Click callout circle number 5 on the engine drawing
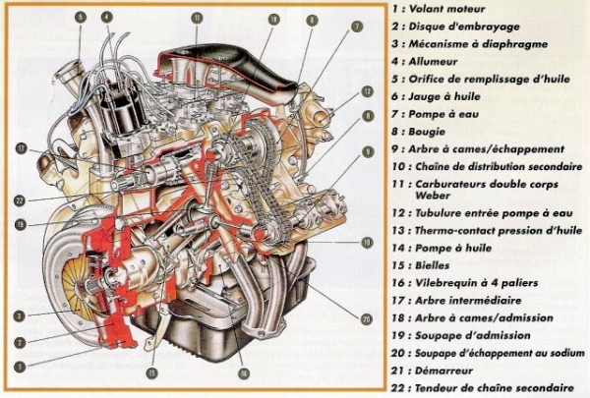click(x=80, y=17)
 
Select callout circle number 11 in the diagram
click(x=197, y=18)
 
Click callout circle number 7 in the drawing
click(x=357, y=27)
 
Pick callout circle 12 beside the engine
click(x=367, y=91)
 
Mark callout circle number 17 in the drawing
click(x=20, y=148)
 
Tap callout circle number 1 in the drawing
click(x=19, y=364)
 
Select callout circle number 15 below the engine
click(x=152, y=373)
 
